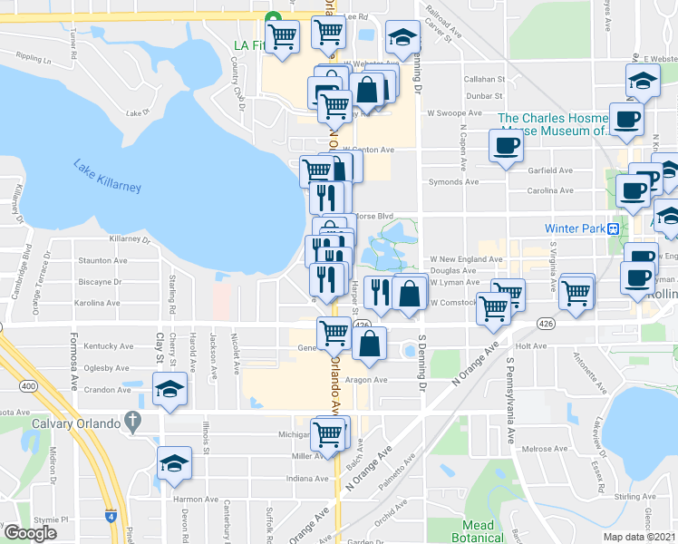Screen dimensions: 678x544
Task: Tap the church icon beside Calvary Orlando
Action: [133, 421]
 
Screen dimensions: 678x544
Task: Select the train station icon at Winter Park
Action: [614, 228]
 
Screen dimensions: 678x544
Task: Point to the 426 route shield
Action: [363, 325]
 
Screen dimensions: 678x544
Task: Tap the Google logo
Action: [29, 532]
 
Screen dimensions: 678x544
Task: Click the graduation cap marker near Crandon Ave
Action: [169, 389]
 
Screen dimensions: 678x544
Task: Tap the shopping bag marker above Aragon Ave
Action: [370, 344]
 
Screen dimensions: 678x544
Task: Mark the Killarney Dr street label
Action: [130, 239]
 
